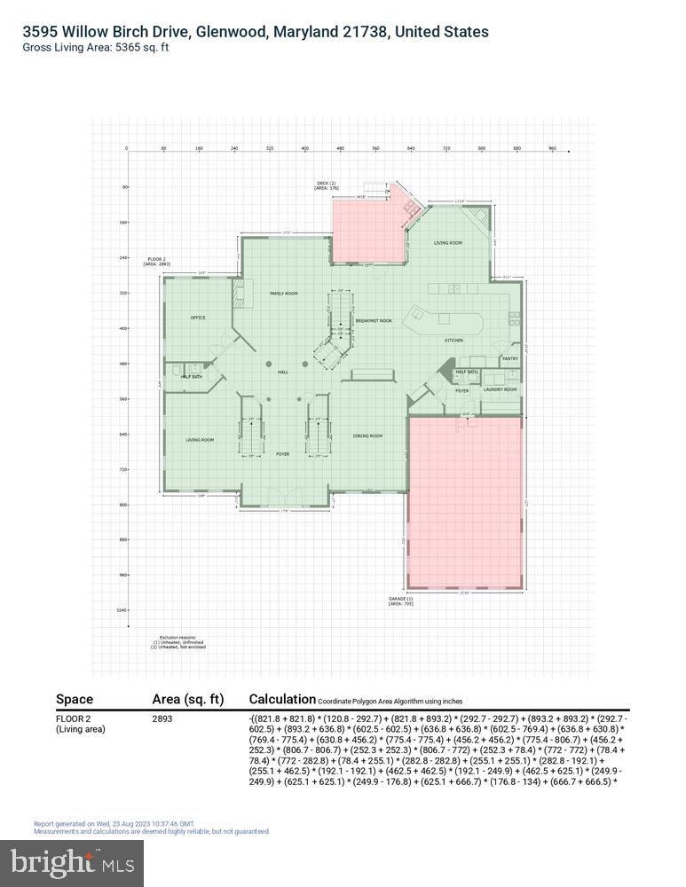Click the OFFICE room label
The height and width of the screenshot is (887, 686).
198,318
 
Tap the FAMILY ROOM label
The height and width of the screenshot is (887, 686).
283,293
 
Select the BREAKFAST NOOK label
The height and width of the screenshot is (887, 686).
374,320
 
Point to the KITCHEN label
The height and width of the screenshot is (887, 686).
453,341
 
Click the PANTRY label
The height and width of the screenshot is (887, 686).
509,358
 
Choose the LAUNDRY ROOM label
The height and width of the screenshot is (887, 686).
500,389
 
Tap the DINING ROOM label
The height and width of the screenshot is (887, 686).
367,436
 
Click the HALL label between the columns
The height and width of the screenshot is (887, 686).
283,373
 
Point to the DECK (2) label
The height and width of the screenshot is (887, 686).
327,185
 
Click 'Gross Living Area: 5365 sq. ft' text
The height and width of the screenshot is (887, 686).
96,47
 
